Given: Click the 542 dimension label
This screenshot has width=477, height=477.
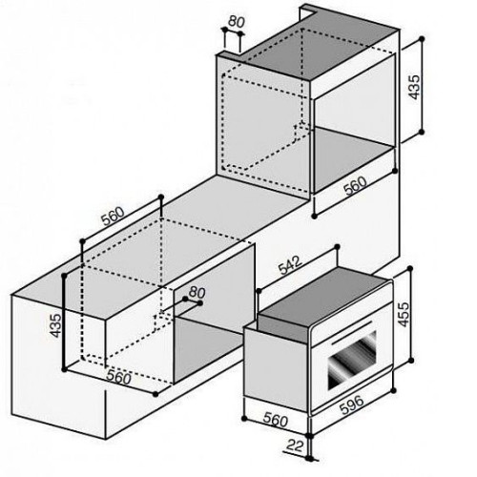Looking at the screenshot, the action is (x=290, y=265).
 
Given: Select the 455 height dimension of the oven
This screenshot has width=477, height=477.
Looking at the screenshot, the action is (x=404, y=315).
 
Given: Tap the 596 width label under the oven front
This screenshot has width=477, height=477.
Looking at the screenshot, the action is (x=352, y=404).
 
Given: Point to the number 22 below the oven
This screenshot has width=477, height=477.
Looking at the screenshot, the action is (x=295, y=446).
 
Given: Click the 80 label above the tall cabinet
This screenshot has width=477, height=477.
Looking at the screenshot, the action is (x=237, y=22).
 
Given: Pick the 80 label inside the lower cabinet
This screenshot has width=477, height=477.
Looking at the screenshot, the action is (x=197, y=292).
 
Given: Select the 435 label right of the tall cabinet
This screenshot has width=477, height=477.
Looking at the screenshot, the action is (x=414, y=87).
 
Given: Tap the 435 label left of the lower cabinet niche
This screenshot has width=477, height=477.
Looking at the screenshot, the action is (x=55, y=325).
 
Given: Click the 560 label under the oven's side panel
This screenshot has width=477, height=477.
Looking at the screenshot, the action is (x=276, y=421).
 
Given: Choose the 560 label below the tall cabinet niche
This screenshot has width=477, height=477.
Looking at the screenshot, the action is (x=355, y=186).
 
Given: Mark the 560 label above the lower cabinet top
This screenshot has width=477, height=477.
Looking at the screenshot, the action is (x=113, y=216).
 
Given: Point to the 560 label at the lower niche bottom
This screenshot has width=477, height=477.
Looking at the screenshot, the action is (x=118, y=378).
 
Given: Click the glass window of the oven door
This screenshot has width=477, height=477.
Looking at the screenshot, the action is (x=352, y=360).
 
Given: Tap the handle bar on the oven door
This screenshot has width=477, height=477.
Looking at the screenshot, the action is (x=352, y=333).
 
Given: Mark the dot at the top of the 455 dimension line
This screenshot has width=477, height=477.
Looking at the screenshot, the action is (x=410, y=269).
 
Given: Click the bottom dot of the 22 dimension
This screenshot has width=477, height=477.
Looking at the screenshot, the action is (x=310, y=458).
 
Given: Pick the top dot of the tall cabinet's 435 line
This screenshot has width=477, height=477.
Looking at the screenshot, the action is (x=422, y=39).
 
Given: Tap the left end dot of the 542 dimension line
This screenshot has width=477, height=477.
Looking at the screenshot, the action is (x=259, y=291).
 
